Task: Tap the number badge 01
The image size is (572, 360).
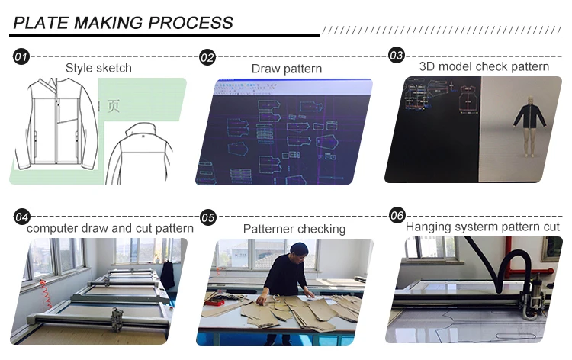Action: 21,57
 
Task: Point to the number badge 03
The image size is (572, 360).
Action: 397,55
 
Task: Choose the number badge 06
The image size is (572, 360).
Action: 397,216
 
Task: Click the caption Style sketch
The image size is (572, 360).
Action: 98,68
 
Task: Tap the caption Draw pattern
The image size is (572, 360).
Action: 287,69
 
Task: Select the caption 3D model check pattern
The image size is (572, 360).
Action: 484,66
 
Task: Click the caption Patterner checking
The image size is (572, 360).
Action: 294,229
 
